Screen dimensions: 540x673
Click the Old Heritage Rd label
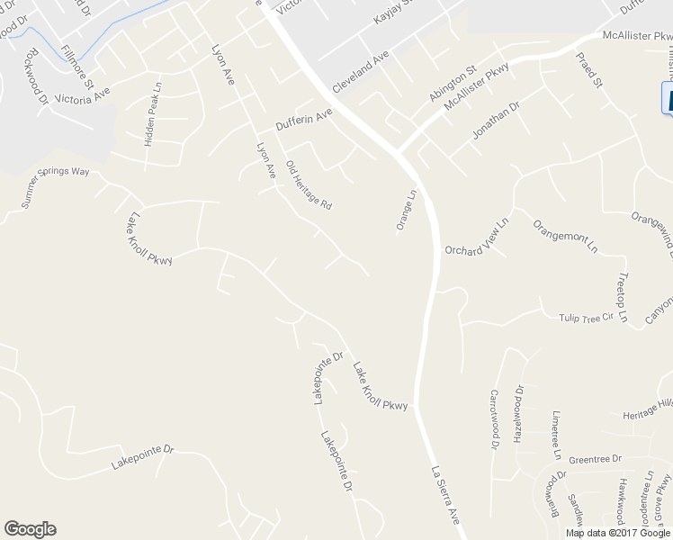pos(309,185)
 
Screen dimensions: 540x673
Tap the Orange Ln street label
pos(406,210)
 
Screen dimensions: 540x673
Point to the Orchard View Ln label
pos(476,238)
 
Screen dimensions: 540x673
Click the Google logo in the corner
pos(30,529)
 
